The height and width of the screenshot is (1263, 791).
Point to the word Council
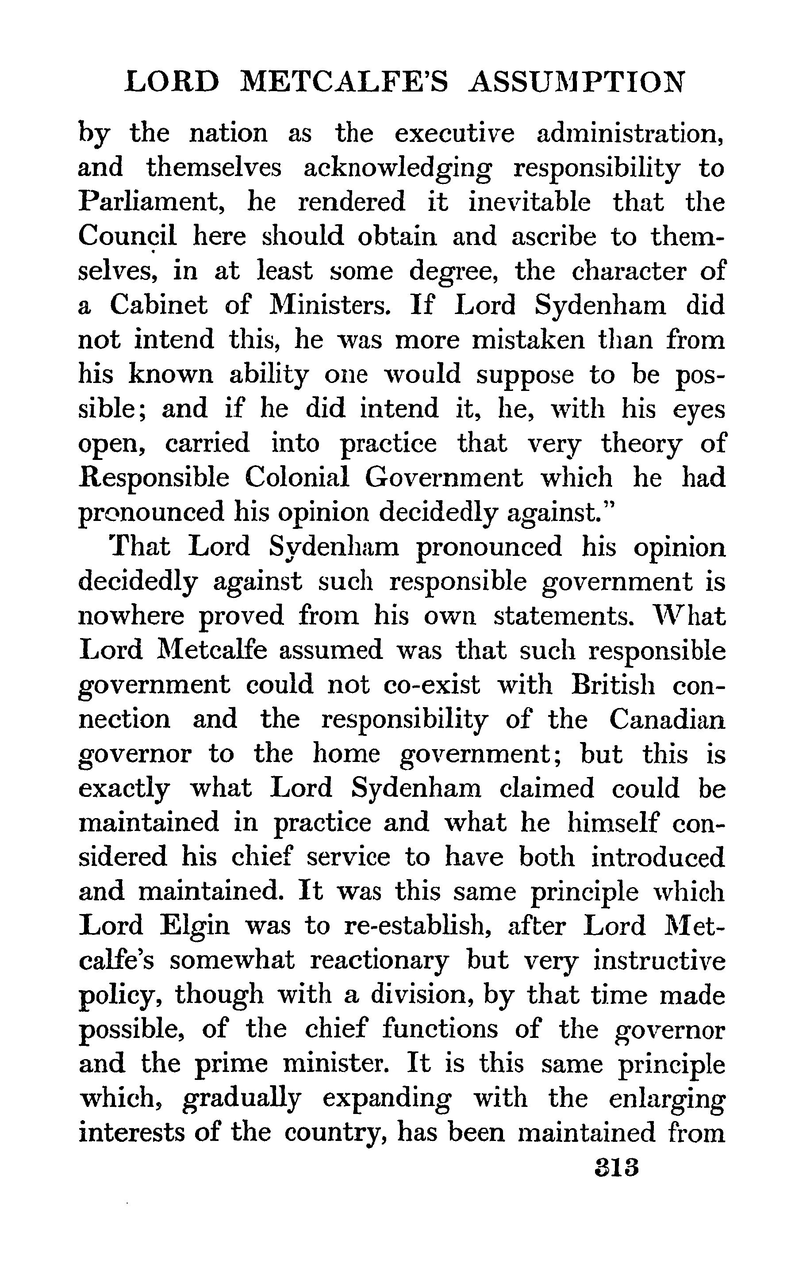pyautogui.click(x=127, y=237)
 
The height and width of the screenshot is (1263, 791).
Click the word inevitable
pyautogui.click(x=529, y=202)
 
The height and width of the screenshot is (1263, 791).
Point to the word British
pyautogui.click(x=613, y=685)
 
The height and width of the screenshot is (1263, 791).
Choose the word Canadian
pyautogui.click(x=667, y=719)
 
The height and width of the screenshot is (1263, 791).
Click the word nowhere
pyautogui.click(x=131, y=616)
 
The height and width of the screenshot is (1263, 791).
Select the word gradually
pyautogui.click(x=242, y=1098)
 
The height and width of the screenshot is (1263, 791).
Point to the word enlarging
pyautogui.click(x=667, y=1098)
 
